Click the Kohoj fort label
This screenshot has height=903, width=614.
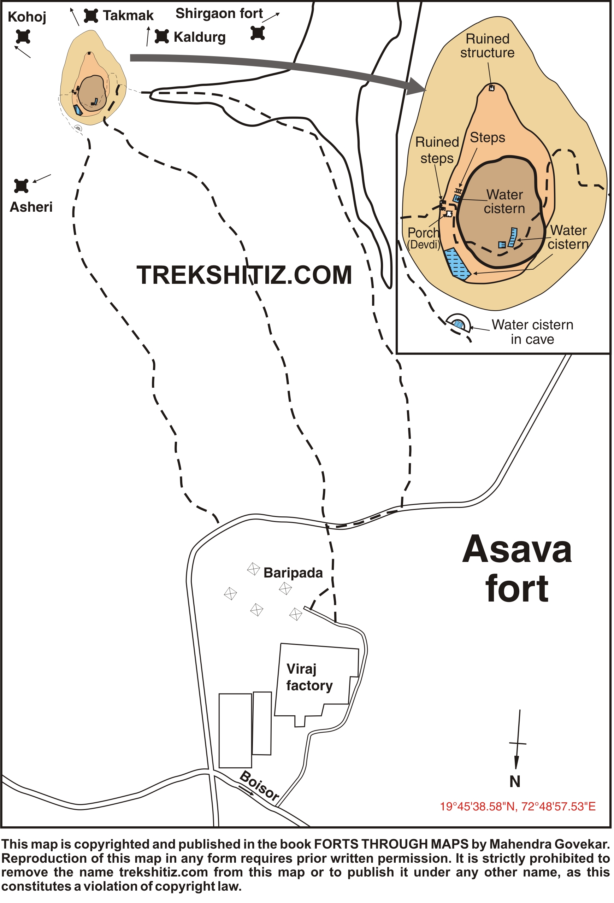tap(27, 17)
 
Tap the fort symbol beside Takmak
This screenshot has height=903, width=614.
tap(91, 16)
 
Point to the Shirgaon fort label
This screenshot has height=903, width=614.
tap(219, 13)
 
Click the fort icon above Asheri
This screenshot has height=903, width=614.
tap(21, 186)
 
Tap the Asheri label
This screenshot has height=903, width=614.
tap(31, 207)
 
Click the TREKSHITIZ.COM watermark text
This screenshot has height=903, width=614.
tap(244, 275)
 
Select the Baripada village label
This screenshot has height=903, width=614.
tap(293, 573)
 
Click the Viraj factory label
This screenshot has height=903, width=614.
tap(309, 677)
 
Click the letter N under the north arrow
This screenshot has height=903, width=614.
tap(515, 781)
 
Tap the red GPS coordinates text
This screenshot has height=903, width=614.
tap(517, 807)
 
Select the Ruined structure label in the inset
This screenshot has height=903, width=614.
tap(488, 46)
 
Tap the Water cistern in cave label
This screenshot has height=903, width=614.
tap(532, 332)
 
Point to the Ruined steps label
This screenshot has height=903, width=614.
tap(437, 150)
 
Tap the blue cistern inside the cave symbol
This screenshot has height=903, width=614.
tap(459, 324)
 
